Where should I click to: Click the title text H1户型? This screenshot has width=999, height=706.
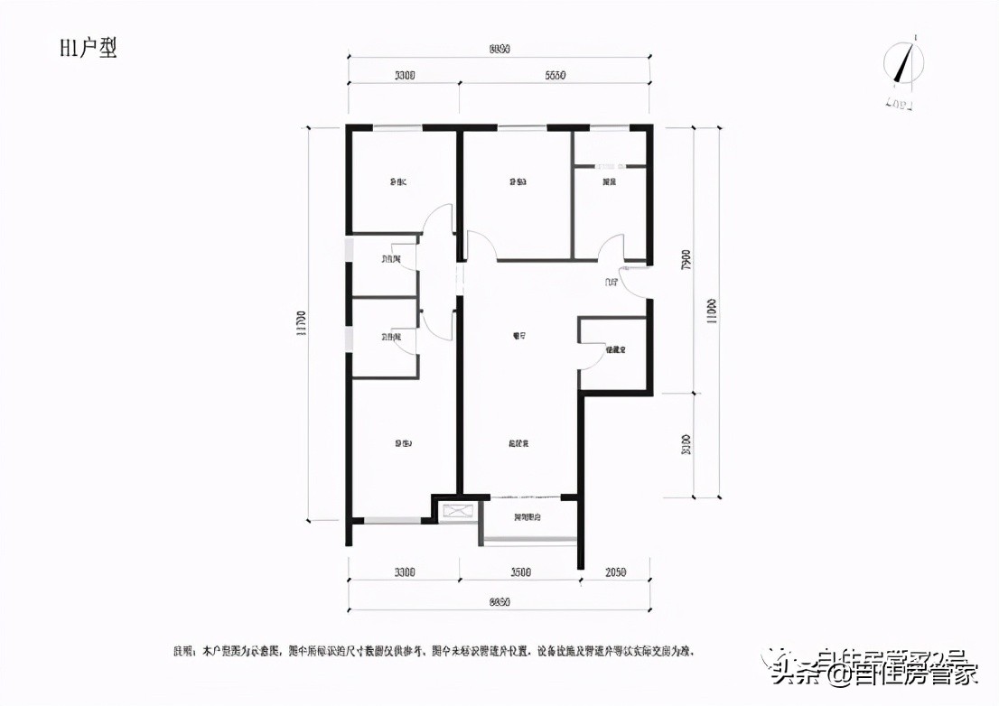(x=89, y=49)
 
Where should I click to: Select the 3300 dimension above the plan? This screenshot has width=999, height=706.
(x=404, y=76)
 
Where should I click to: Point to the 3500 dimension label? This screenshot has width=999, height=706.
(x=519, y=572)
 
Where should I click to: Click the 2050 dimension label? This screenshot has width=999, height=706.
(x=614, y=572)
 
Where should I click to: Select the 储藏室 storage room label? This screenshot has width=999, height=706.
(x=616, y=349)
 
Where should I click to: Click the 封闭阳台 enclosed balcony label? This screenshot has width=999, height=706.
(x=528, y=518)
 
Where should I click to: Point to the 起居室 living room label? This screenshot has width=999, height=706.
(x=518, y=443)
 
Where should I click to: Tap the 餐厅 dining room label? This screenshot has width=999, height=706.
(x=518, y=337)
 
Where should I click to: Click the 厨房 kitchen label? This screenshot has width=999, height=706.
(x=610, y=182)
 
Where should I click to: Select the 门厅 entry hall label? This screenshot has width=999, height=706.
(x=612, y=283)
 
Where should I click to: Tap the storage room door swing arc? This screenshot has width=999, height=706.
(x=590, y=357)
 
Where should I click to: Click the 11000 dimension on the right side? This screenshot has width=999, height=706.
(x=714, y=311)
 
